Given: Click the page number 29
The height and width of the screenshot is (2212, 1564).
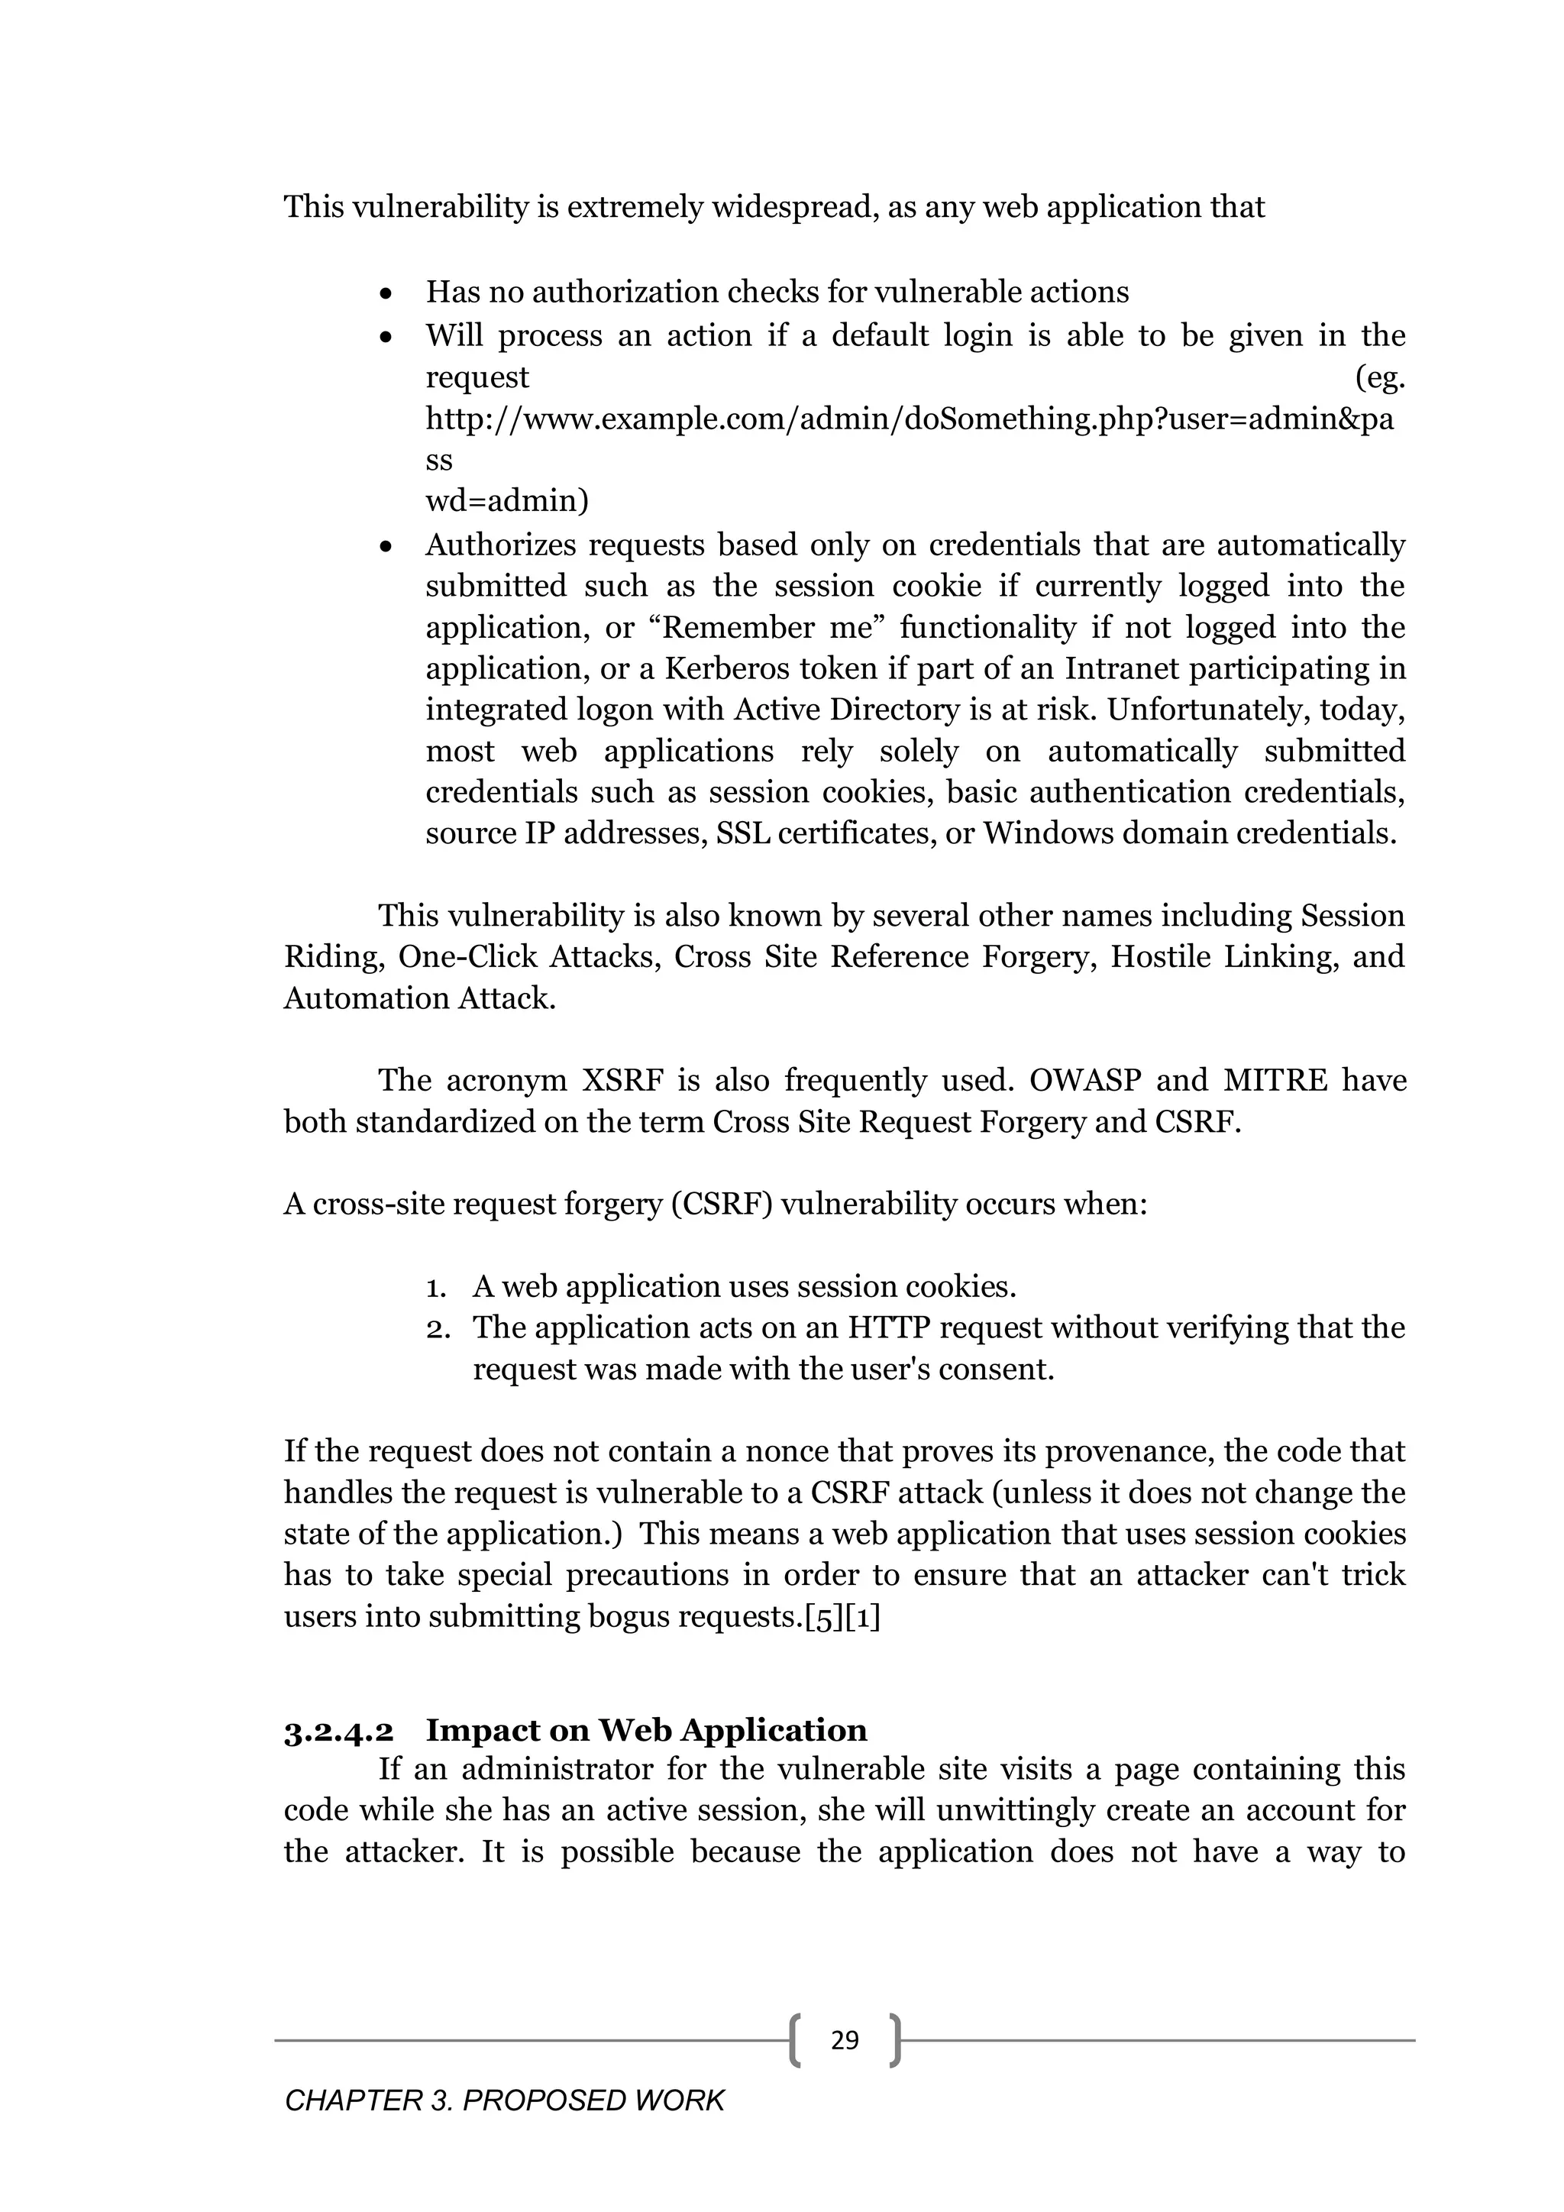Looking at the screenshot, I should click(x=844, y=2039).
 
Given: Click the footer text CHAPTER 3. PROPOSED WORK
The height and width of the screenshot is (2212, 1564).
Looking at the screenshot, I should click(x=504, y=2100).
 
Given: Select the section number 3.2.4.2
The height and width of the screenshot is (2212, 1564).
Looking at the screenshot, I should click(x=338, y=1730).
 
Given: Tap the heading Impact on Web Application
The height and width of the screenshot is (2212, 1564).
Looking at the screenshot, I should click(x=646, y=1730).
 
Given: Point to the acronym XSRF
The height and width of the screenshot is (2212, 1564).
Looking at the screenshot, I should click(x=622, y=1080).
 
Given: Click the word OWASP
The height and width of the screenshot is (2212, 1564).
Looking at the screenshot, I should click(x=1084, y=1080).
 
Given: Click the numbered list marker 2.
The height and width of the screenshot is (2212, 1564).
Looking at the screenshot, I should click(x=438, y=1328).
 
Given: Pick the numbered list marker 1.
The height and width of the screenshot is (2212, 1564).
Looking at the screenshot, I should click(x=435, y=1287).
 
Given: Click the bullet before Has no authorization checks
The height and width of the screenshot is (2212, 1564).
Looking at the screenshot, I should click(x=386, y=293).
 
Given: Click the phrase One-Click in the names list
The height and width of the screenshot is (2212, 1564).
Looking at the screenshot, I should click(x=469, y=956).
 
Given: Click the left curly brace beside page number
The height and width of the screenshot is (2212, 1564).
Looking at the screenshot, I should click(x=794, y=2039).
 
